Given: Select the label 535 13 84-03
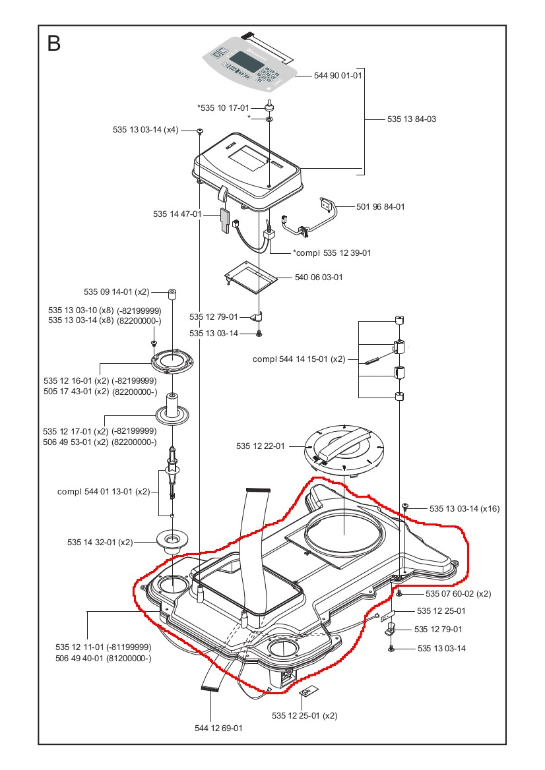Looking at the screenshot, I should pos(412,119).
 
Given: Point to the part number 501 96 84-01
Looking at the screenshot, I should pos(381,206).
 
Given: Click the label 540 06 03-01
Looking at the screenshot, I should pos(319,278).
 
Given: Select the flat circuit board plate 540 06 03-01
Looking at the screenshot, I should pos(249,276).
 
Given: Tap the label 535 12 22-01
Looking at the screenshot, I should pos(260,446).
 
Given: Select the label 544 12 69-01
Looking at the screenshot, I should pos(218,728).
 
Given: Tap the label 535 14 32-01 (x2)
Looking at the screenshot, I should pos(100,542).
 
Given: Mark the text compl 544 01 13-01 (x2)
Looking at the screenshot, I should pos(104,491).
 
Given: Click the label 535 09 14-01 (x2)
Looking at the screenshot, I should pos(117,291).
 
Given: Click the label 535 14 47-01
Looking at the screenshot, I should pos(177,214).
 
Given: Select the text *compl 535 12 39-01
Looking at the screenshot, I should pos(331,252).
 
